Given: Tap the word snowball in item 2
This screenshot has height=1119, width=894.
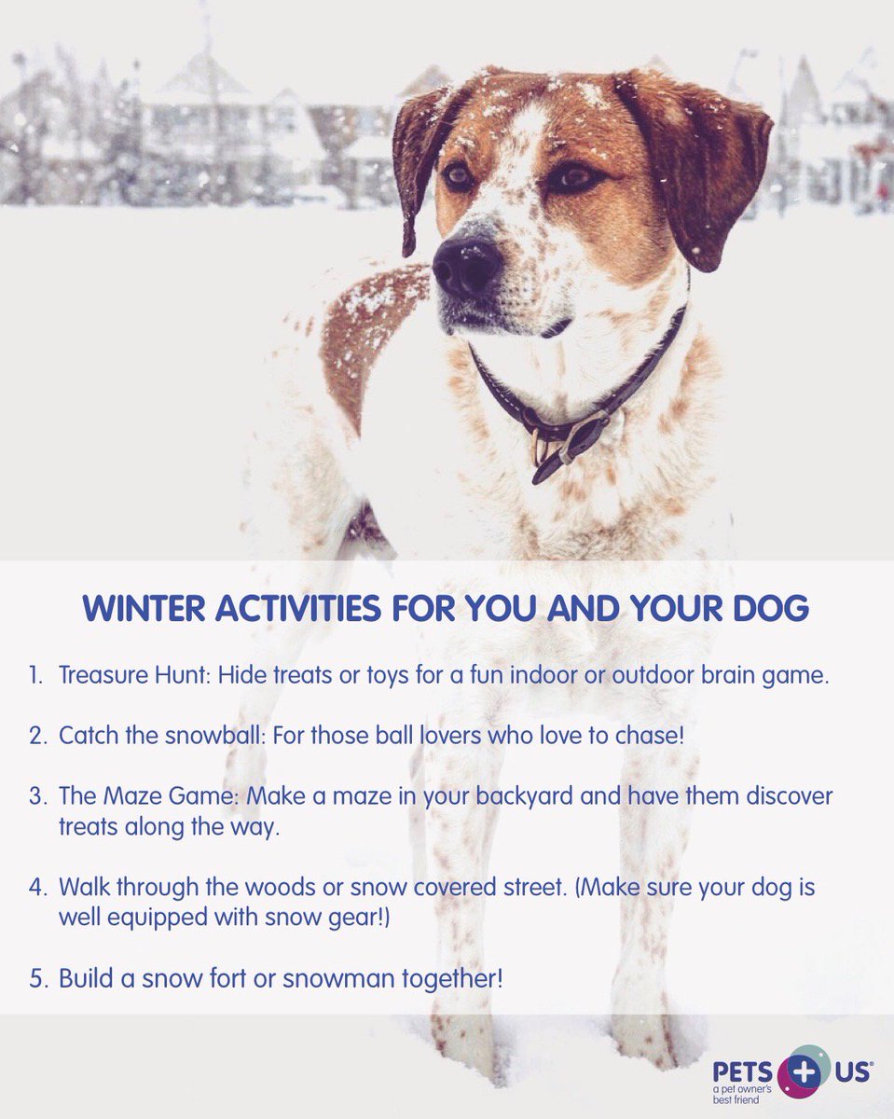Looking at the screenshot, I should point(205,735).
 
